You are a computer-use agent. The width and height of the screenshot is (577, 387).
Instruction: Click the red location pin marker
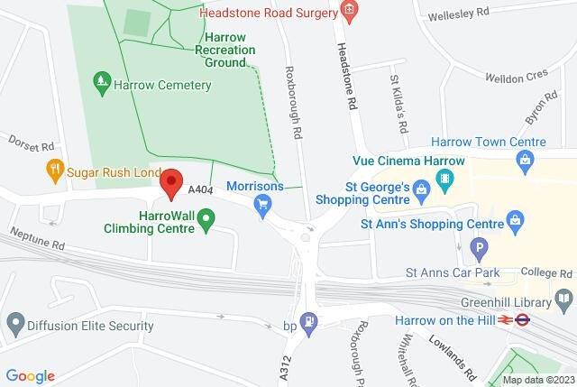coord(171,183)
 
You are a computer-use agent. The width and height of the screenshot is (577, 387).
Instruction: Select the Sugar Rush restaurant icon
coord(54,169)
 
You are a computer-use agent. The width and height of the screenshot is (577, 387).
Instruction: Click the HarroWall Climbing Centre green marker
coord(206,218)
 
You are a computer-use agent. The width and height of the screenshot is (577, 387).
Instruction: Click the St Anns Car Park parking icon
coord(481,246)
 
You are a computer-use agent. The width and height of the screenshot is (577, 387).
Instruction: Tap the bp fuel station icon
coord(309,320)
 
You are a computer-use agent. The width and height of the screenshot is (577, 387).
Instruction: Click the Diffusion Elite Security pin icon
coord(15,322)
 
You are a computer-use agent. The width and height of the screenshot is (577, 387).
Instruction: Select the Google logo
coord(31,375)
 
